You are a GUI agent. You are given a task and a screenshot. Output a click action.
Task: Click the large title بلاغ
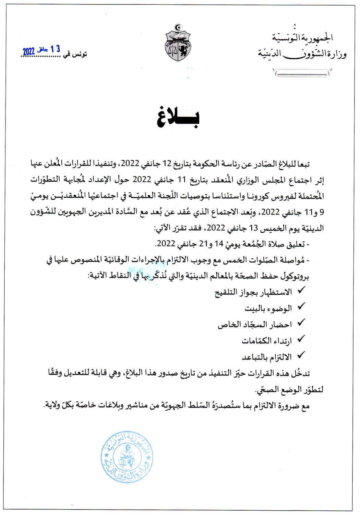point(178,118)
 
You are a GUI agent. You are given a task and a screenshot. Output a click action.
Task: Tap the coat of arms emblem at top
point(178,43)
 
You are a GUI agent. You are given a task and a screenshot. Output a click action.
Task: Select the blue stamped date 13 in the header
point(55,49)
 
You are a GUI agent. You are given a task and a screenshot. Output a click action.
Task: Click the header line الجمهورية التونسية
point(302,37)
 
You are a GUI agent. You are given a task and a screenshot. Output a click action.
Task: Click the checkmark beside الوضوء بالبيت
point(301,307)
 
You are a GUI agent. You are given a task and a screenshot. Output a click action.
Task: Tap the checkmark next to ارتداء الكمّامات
point(301,339)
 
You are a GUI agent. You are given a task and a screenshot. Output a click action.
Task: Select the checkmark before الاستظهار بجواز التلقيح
point(301,291)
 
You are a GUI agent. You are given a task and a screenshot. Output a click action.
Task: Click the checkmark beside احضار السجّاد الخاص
point(301,323)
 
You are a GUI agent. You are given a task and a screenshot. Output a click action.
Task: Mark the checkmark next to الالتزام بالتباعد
point(301,355)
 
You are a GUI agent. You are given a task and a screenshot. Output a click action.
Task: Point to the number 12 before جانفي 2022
point(167,164)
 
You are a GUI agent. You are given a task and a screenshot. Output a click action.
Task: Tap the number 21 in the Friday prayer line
point(204,244)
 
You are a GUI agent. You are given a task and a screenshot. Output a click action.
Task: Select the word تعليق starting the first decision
point(295,244)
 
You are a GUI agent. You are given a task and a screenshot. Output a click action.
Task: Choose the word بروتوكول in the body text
point(295,276)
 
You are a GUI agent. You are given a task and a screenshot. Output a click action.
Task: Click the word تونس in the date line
point(80,54)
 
